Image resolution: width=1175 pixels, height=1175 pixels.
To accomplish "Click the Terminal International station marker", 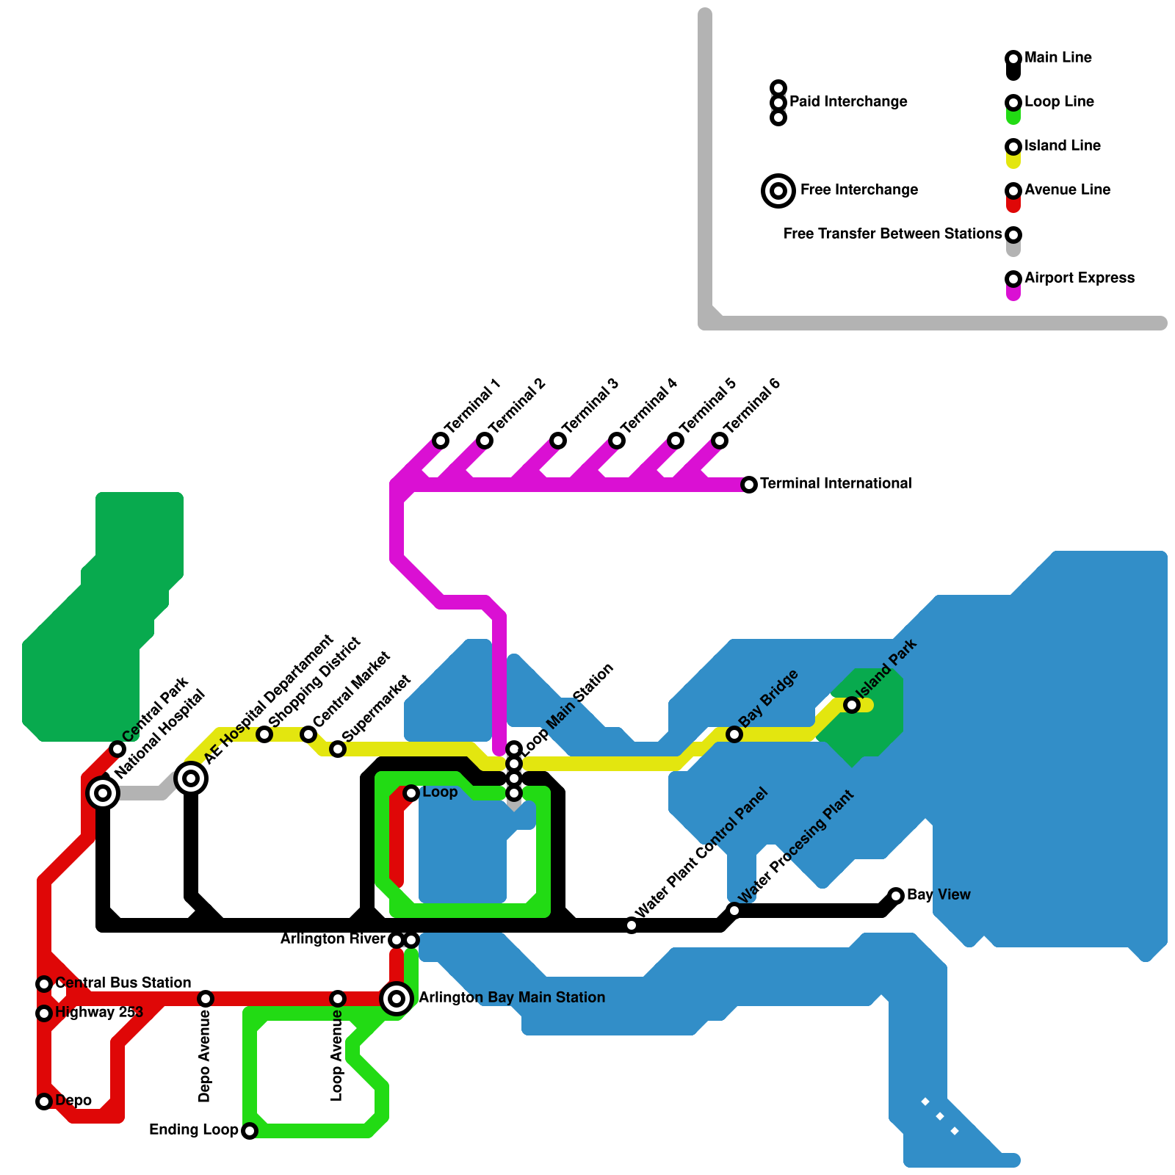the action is pos(749,485).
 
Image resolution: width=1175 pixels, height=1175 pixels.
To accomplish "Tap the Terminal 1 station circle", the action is pos(441,441).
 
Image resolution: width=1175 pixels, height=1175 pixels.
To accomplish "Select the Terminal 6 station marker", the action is pos(720,441).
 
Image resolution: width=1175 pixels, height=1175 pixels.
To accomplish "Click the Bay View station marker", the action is pos(896,895).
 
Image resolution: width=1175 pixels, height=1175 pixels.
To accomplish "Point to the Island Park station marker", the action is pos(852,705).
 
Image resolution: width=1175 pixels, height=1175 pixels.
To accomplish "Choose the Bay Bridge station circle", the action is pos(734,734).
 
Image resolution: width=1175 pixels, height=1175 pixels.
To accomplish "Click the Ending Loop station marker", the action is pos(250,1131).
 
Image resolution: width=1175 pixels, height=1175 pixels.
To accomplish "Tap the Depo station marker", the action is pos(44,1102).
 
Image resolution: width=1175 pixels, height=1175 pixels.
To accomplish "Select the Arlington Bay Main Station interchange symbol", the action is pos(397,999).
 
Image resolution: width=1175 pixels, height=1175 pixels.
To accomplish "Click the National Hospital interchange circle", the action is pos(103,793).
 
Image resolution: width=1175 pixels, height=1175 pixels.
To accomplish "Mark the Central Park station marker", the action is pos(117,749).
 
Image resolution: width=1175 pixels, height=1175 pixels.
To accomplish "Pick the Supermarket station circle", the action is pos(338,749).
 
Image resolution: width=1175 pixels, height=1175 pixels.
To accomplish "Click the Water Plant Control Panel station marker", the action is pos(632,925).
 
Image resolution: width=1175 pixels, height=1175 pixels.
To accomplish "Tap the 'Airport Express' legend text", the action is pos(1080,278).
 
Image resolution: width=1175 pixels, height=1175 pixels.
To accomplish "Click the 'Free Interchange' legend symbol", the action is pos(778,191).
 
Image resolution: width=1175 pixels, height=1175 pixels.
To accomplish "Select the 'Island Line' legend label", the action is pos(1063,145).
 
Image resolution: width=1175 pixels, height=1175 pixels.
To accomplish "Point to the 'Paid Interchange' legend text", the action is pos(848,101).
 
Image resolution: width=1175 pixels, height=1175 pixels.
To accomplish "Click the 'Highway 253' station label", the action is pos(99,1012).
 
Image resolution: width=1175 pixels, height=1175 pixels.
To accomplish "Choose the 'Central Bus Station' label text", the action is pos(123,983).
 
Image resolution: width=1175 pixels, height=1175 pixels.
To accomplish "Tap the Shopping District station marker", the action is pos(264,734).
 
